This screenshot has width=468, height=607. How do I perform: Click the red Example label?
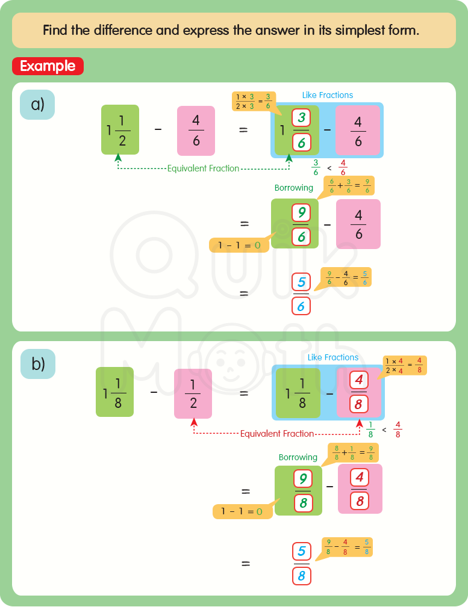point(48,66)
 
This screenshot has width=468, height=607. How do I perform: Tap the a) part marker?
point(37,105)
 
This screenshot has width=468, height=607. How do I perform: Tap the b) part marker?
point(37,364)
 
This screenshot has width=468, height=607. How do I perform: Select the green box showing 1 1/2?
point(120,129)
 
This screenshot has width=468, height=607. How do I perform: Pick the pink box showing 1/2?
point(193,393)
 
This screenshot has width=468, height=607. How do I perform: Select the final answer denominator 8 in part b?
point(302,576)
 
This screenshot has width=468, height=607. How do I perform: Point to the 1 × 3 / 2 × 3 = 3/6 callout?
point(254,101)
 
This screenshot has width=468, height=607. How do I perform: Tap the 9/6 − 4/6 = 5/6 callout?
point(346,277)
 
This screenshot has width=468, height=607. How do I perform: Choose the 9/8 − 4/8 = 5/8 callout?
point(347,547)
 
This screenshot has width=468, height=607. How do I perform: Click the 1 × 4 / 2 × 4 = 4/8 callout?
point(405,365)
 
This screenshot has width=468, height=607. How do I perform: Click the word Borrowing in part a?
point(294,188)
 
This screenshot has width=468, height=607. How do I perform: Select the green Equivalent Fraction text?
point(203,168)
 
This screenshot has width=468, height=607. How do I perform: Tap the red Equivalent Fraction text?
point(277,433)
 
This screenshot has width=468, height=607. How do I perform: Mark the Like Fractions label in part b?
point(333,357)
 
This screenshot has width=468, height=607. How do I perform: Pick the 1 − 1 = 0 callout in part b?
point(242,511)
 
